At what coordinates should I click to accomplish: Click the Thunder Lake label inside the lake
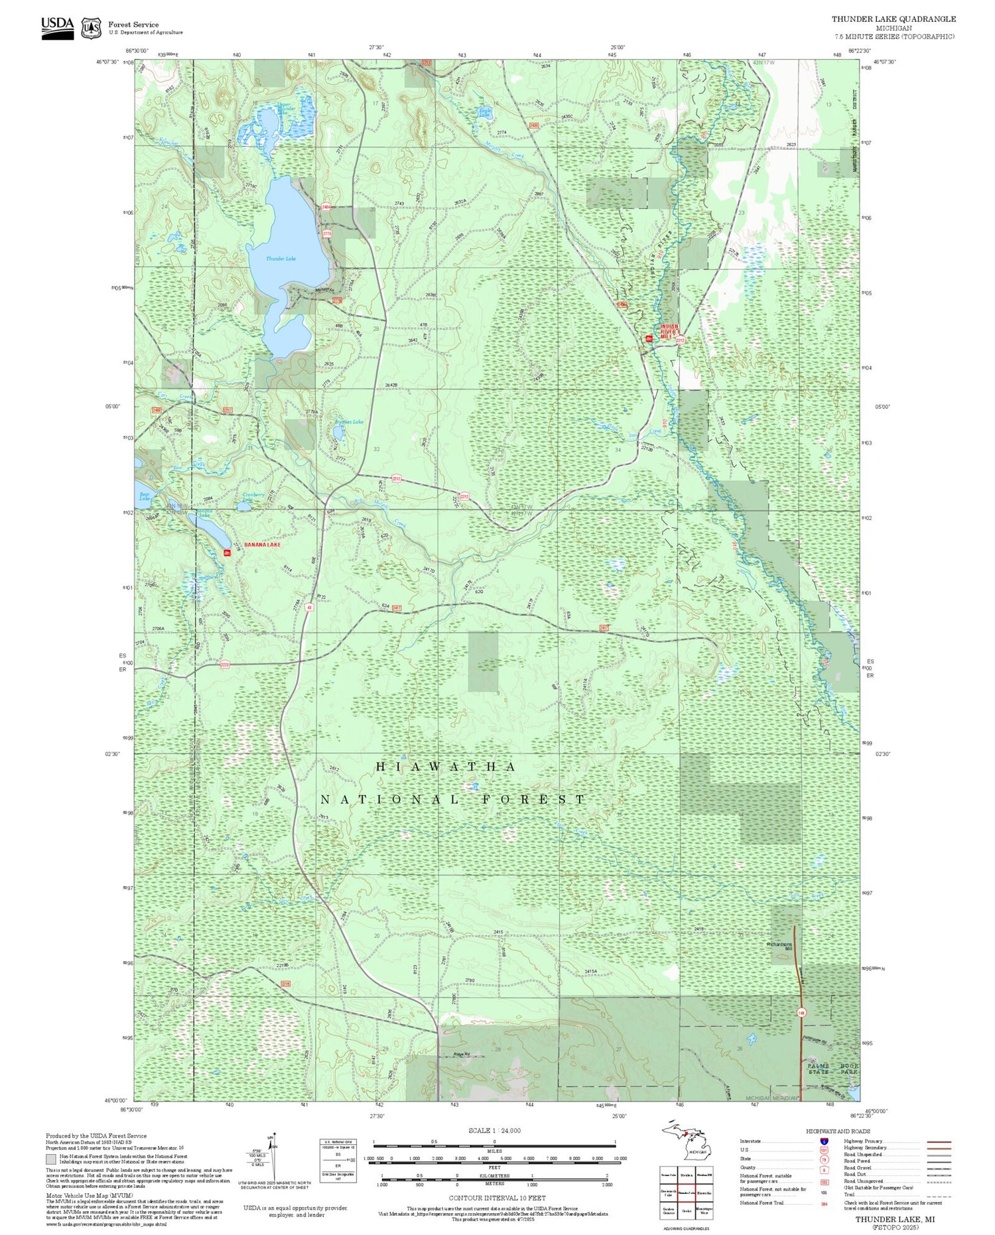281,259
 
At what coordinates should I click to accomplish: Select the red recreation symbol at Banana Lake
227,552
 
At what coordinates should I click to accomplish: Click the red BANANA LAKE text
262,545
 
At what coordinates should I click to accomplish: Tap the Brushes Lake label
350,422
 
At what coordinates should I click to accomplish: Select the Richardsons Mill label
779,946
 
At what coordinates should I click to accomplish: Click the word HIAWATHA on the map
445,767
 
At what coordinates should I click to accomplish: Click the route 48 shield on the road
309,607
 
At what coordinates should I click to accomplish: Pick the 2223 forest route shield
225,665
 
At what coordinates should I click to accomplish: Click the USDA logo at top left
58,28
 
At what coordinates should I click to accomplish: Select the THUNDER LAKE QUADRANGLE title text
894,19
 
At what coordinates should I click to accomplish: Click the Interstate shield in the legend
824,1141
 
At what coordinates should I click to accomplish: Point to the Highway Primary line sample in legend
937,1141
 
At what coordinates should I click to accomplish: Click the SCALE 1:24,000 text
494,1131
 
